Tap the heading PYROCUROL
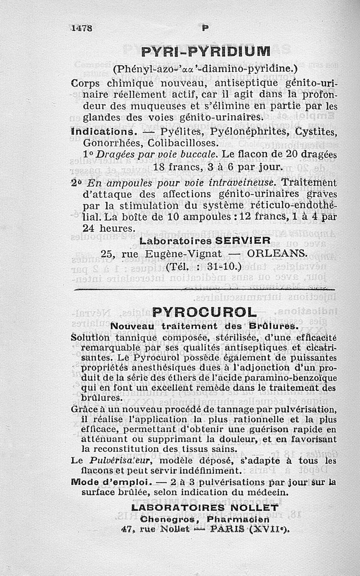(x=204, y=312)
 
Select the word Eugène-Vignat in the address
(x=181, y=253)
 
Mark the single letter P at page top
(x=205, y=27)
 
